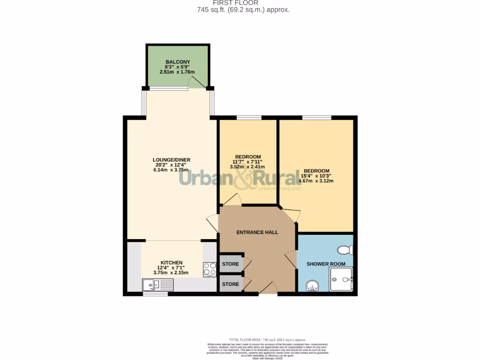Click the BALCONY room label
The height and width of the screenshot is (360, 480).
click(x=177, y=62)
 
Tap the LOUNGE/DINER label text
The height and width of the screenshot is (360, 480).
click(x=172, y=160)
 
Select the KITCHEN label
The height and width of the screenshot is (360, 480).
click(x=172, y=262)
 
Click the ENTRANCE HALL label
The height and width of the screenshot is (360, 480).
click(x=257, y=232)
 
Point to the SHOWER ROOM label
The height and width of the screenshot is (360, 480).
click(x=326, y=264)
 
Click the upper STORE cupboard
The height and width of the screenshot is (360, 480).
click(x=230, y=264)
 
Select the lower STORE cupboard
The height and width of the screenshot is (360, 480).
click(x=230, y=284)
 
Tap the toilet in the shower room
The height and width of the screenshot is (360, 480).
click(x=347, y=249)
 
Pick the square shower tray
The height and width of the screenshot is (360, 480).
click(x=341, y=280)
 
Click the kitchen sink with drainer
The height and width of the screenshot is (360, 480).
click(x=157, y=284)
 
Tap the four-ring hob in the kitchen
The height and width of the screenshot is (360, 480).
click(x=209, y=269)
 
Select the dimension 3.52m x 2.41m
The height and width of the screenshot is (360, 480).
click(x=247, y=167)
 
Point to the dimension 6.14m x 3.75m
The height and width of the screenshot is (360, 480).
click(x=172, y=170)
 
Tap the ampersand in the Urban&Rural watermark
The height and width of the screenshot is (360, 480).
click(x=247, y=179)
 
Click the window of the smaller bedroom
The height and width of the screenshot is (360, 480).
click(x=248, y=117)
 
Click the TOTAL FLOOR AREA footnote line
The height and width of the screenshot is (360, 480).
click(x=267, y=340)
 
